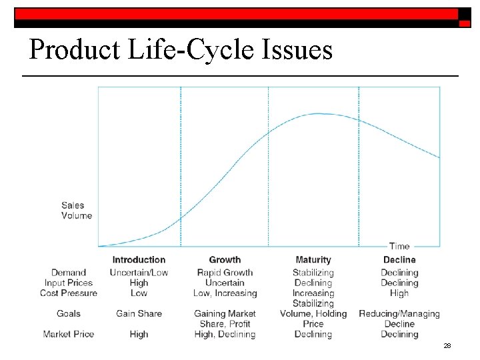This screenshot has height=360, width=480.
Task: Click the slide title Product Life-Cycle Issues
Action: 181,49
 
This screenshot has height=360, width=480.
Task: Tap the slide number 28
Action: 447,346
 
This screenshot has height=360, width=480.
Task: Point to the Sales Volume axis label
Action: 77,211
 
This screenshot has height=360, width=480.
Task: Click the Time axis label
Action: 399,246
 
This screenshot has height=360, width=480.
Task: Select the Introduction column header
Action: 139,260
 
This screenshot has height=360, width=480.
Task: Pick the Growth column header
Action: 225,260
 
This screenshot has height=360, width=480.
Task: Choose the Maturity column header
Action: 313,260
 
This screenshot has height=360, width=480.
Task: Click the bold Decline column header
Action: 399,260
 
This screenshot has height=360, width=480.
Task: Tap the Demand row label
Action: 69,273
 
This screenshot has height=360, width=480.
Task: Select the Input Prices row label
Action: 69,283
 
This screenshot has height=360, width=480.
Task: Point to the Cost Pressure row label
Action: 69,293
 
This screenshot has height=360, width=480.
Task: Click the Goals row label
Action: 69,313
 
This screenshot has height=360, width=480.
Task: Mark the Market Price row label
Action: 69,334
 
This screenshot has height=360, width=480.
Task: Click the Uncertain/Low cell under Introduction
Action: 139,273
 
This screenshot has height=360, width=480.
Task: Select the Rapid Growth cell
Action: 225,273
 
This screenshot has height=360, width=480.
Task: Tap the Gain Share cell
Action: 139,313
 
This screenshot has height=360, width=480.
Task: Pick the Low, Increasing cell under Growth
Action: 225,293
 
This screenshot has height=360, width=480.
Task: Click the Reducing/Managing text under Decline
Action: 399,313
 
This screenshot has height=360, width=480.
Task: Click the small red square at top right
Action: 465,23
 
